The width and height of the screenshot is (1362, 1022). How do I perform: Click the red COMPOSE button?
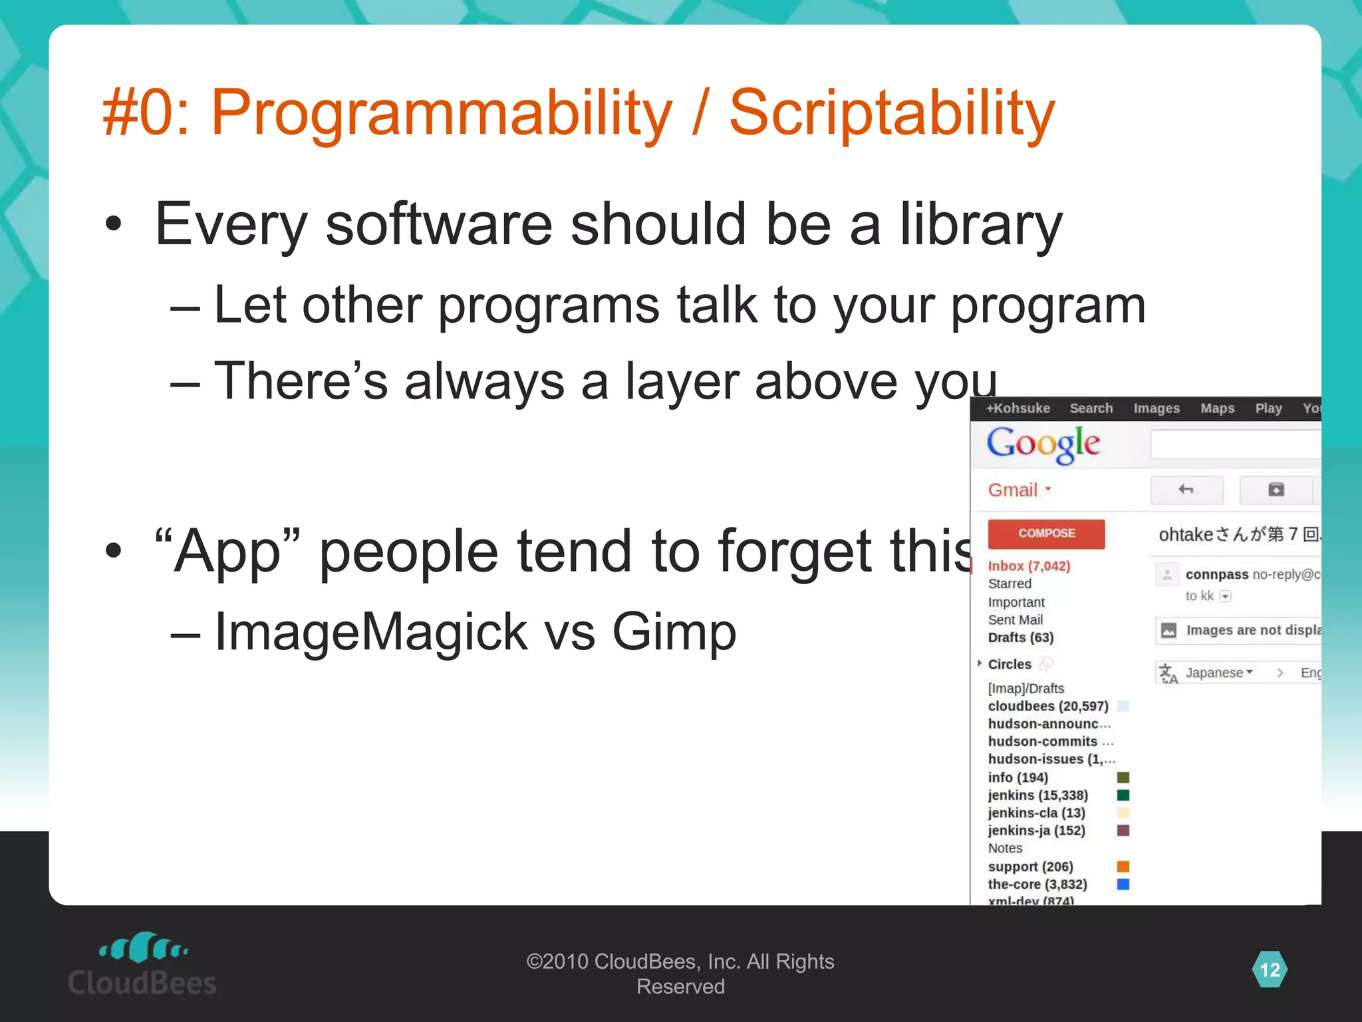pyautogui.click(x=1046, y=534)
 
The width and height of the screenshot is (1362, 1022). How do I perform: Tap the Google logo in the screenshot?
pyautogui.click(x=1043, y=444)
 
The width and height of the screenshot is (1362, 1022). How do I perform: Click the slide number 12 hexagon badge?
pyautogui.click(x=1270, y=969)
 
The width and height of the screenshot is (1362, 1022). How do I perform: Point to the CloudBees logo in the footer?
pyautogui.click(x=142, y=964)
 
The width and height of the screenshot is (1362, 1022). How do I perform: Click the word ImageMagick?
pyautogui.click(x=371, y=632)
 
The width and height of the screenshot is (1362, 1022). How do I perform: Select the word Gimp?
pyautogui.click(x=674, y=632)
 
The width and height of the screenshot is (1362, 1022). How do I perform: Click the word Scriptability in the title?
pyautogui.click(x=891, y=113)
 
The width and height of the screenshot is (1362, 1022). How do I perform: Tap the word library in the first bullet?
pyautogui.click(x=981, y=225)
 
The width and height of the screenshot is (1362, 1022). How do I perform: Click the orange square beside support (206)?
pyautogui.click(x=1123, y=866)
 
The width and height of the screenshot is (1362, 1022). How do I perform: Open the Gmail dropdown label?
pyautogui.click(x=1020, y=490)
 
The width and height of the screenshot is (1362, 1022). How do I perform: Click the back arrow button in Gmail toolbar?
pyautogui.click(x=1186, y=490)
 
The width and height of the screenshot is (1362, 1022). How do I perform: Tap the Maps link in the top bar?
pyautogui.click(x=1217, y=409)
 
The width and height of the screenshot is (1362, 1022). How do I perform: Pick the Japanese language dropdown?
pyautogui.click(x=1218, y=673)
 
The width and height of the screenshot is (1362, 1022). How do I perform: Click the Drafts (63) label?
pyautogui.click(x=1020, y=637)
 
